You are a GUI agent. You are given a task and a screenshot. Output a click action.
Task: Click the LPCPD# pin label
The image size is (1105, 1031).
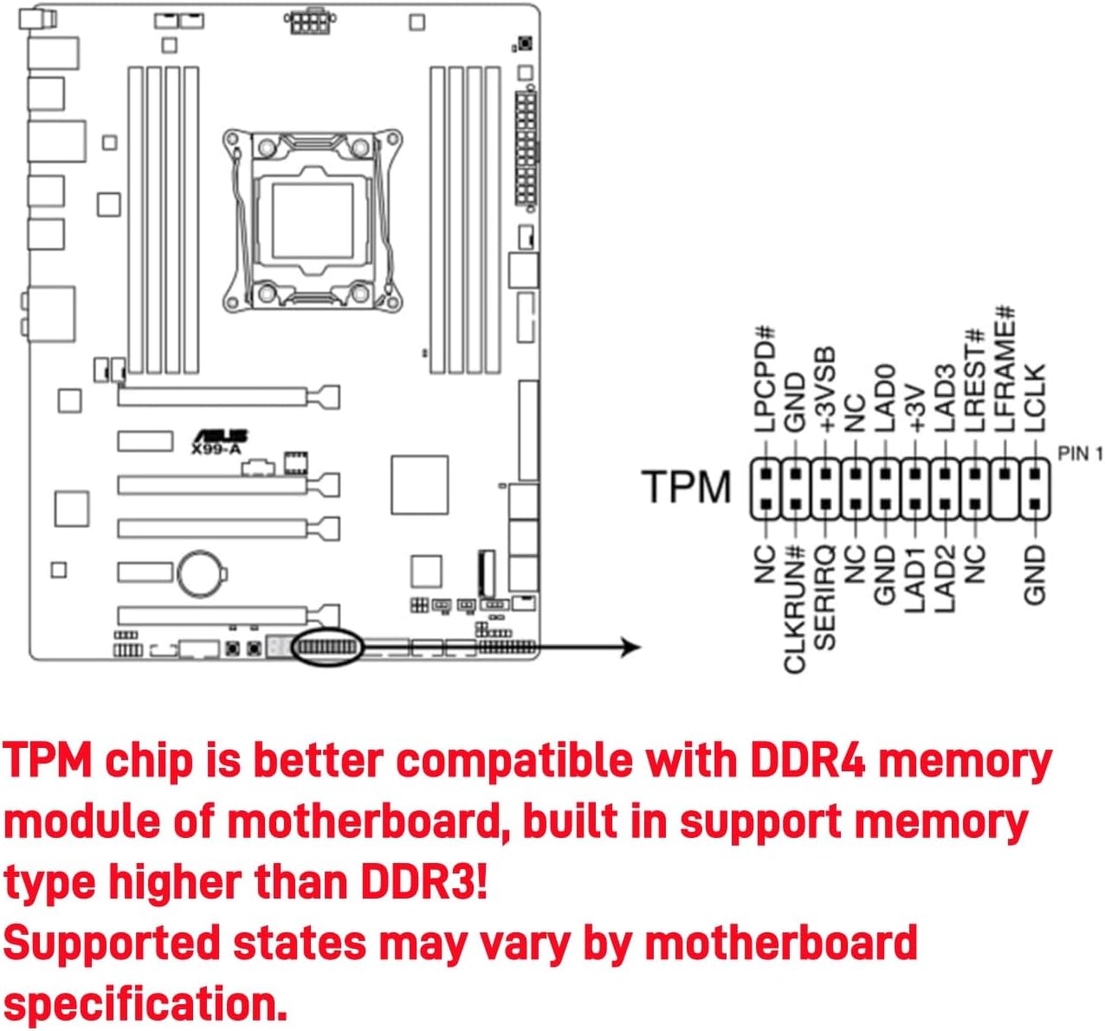(x=765, y=379)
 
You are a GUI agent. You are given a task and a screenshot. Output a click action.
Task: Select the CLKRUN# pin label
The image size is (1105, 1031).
(x=795, y=609)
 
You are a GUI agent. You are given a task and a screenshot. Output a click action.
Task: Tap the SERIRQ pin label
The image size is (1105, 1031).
(x=825, y=597)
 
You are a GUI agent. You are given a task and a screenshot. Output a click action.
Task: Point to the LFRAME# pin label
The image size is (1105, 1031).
(x=1005, y=370)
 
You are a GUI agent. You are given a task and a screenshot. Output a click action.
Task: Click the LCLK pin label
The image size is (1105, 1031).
(x=1036, y=398)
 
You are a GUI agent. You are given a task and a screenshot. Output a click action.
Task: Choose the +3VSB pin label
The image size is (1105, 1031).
(x=825, y=390)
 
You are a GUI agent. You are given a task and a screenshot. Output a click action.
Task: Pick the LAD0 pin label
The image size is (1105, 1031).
(x=885, y=398)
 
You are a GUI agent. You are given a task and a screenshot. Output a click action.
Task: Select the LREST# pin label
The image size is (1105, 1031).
(x=975, y=381)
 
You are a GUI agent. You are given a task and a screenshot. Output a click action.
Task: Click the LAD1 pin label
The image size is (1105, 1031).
(x=915, y=579)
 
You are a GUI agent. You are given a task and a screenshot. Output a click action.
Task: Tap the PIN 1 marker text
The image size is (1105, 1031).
(x=1080, y=454)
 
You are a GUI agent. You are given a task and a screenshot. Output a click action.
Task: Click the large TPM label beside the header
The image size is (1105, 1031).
(x=687, y=487)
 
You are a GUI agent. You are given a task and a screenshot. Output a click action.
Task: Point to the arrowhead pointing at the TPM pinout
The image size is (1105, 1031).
(x=631, y=648)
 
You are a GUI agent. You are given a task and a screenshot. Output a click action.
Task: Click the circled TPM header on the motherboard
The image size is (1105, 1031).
(x=327, y=648)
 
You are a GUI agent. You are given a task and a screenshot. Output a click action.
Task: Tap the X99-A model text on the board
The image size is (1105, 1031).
(x=216, y=449)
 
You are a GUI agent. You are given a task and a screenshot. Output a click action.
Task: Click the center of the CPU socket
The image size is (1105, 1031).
(x=313, y=220)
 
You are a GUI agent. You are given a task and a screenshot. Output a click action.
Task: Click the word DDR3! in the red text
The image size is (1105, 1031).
(x=424, y=882)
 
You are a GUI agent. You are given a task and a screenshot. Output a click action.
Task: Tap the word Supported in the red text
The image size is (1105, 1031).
(x=112, y=944)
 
